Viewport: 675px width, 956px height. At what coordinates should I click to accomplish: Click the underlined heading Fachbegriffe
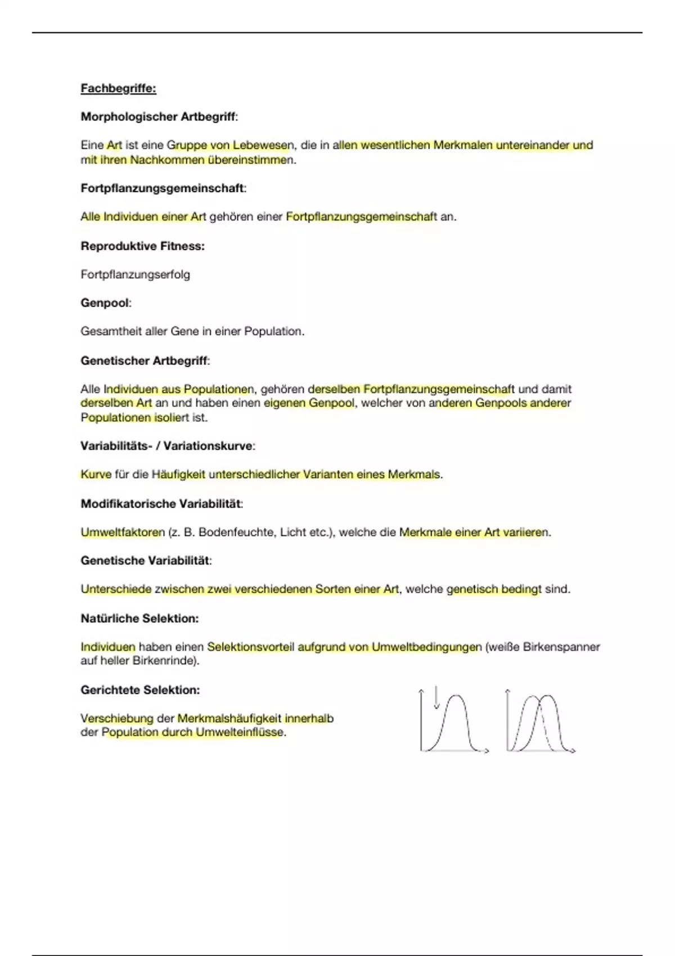click(118, 88)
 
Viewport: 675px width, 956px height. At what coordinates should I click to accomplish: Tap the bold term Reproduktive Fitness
click(142, 246)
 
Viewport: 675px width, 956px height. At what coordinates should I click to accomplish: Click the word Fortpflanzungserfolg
click(135, 274)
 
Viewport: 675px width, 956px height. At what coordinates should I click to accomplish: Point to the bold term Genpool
click(105, 303)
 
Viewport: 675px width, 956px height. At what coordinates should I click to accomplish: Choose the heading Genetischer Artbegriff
click(144, 360)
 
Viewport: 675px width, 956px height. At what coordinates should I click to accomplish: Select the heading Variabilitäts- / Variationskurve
click(166, 446)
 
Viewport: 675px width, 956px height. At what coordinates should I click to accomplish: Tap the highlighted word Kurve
click(96, 475)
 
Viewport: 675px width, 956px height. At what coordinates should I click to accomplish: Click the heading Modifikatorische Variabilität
click(161, 503)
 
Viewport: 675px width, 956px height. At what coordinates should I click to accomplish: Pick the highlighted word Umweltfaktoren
click(123, 532)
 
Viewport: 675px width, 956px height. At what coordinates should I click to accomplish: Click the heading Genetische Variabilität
click(145, 561)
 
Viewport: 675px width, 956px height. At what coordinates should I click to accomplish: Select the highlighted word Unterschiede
click(116, 589)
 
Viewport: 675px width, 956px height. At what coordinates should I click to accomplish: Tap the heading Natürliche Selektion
click(139, 619)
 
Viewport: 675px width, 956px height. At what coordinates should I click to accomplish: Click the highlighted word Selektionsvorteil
click(250, 647)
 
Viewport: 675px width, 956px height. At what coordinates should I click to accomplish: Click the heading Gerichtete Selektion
click(140, 690)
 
